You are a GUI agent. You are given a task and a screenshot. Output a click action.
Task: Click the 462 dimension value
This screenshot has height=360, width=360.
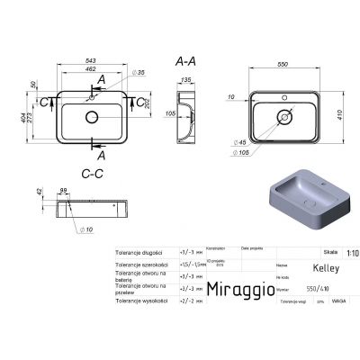(91, 69)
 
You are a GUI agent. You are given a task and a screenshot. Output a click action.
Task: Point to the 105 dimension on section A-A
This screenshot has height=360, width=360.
(169, 113)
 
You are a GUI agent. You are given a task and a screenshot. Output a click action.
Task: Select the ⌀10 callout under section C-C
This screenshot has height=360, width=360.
(88, 230)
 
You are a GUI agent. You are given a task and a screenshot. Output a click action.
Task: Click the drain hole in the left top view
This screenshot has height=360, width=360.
(92, 118)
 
